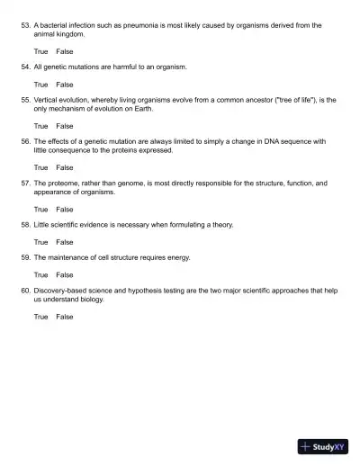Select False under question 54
65,84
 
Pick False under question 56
65,167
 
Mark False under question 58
65,241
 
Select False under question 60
65,316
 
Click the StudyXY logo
323,446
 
